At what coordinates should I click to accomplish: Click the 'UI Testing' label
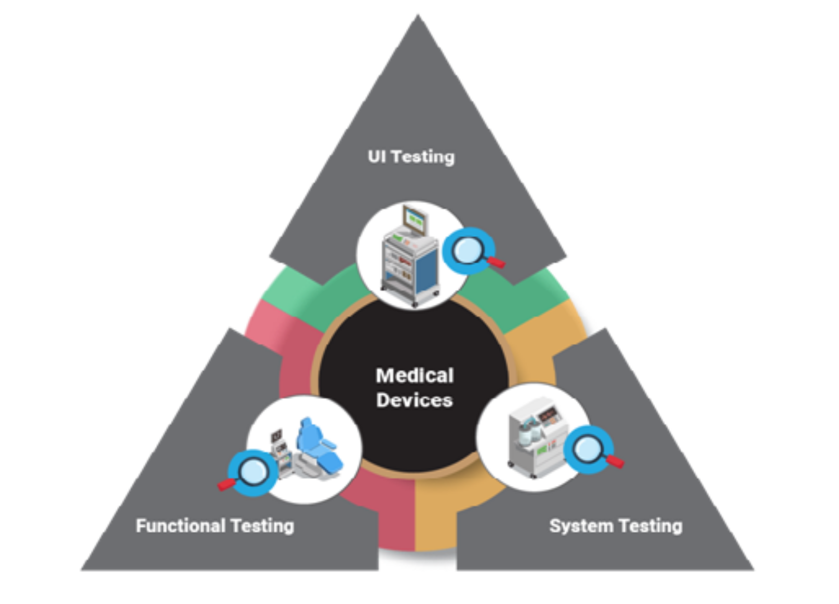[x=411, y=156]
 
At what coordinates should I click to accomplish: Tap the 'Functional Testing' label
[x=215, y=525]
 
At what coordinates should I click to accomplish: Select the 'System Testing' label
[x=615, y=525]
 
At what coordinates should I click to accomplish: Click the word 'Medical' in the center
[x=415, y=375]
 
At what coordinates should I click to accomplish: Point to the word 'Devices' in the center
[x=414, y=400]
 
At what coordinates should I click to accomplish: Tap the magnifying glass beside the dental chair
[x=253, y=472]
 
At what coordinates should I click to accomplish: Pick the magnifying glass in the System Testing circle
[x=588, y=448]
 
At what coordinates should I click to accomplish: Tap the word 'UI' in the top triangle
[x=376, y=156]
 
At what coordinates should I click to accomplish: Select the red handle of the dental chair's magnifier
[x=227, y=484]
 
